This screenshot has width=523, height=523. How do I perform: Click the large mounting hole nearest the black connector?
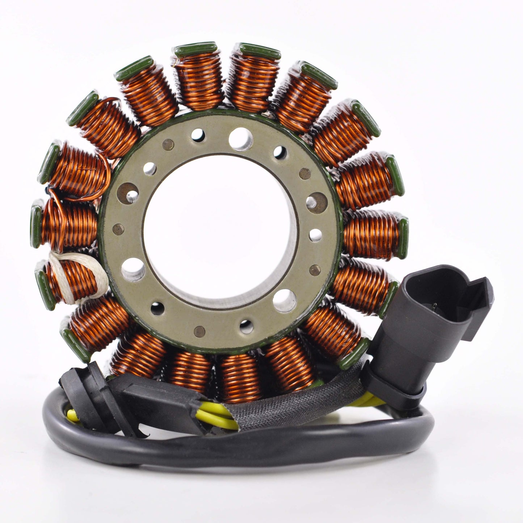pos(284,300)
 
